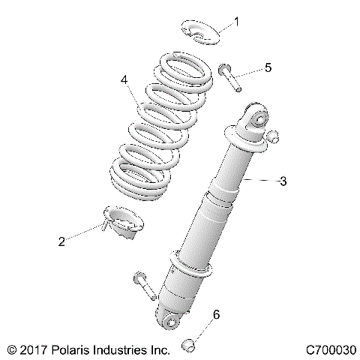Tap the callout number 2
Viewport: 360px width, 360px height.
pyautogui.click(x=61, y=241)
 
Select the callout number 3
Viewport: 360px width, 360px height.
pyautogui.click(x=283, y=181)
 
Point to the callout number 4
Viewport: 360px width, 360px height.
pyautogui.click(x=124, y=78)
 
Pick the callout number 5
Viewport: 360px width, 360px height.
pyautogui.click(x=268, y=67)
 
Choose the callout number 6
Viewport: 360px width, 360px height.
pyautogui.click(x=217, y=315)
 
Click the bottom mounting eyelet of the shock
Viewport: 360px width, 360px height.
pyautogui.click(x=172, y=321)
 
